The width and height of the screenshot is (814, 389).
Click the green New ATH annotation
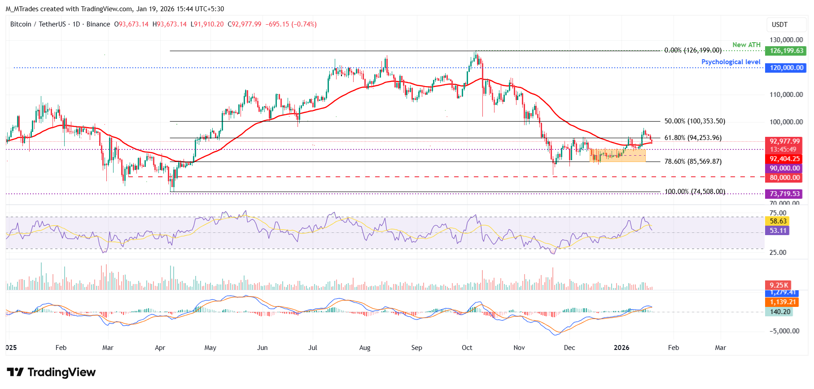coord(746,45)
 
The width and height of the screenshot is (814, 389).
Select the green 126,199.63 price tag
coord(786,51)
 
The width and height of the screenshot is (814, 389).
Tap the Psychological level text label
coord(731,62)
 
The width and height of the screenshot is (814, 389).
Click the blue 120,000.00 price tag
coord(786,68)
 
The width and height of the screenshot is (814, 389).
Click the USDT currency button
coord(779,25)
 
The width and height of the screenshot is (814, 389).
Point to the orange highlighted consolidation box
coord(617,156)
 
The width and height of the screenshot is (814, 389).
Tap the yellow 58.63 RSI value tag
coord(778,221)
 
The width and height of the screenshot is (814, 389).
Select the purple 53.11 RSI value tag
coord(778,231)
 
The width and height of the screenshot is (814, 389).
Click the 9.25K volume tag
coord(779,285)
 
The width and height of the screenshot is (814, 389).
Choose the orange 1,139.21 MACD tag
coord(783,302)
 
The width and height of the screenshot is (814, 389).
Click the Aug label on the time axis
coord(365,348)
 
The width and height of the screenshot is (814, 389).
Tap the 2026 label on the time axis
coord(621,348)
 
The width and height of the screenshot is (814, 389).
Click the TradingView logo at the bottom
coord(51,372)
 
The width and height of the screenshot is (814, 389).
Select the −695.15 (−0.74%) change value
coord(291,24)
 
